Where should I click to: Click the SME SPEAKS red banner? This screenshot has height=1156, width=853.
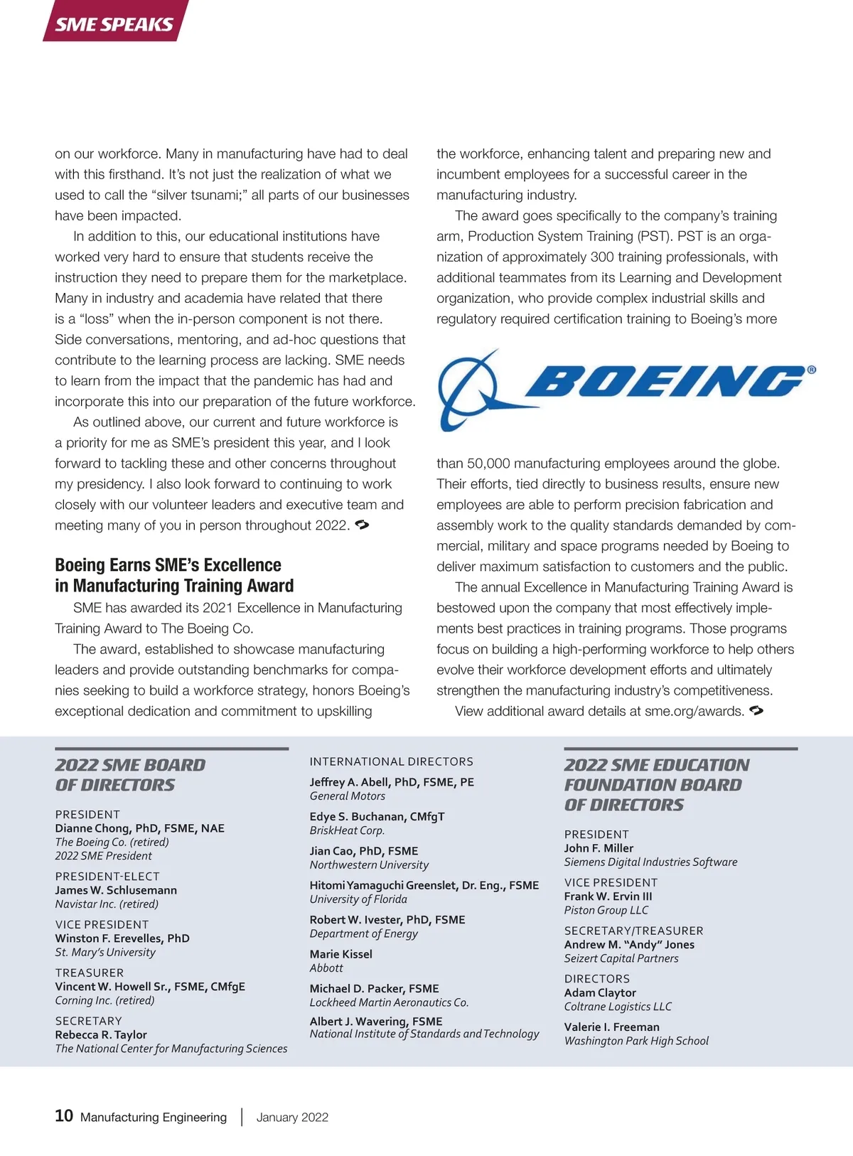pos(114,23)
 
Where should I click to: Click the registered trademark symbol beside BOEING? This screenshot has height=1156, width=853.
pos(812,370)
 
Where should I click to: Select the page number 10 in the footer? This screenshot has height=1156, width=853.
pos(64,1115)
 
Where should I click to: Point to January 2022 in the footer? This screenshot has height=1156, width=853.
pos(292,1117)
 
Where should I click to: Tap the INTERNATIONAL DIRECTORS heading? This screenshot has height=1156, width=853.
pos(391,761)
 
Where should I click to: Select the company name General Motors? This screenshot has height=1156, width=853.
pos(347,796)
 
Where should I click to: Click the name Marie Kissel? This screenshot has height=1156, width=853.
pos(340,954)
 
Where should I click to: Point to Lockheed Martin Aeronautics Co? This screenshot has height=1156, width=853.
pos(389,1002)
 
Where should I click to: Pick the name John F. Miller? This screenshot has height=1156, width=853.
pos(599,848)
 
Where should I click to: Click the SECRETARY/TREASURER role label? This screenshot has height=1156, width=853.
pos(633,931)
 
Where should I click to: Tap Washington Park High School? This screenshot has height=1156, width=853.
pos(636,1041)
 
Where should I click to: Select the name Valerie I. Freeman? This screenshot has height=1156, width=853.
pos(611,1027)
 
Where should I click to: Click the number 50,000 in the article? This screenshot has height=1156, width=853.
pos(488,464)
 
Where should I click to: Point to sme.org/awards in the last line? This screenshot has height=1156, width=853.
pos(694,711)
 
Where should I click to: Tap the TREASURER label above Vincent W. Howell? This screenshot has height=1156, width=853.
pos(90,973)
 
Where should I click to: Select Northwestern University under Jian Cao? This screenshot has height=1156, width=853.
pos(369,865)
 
